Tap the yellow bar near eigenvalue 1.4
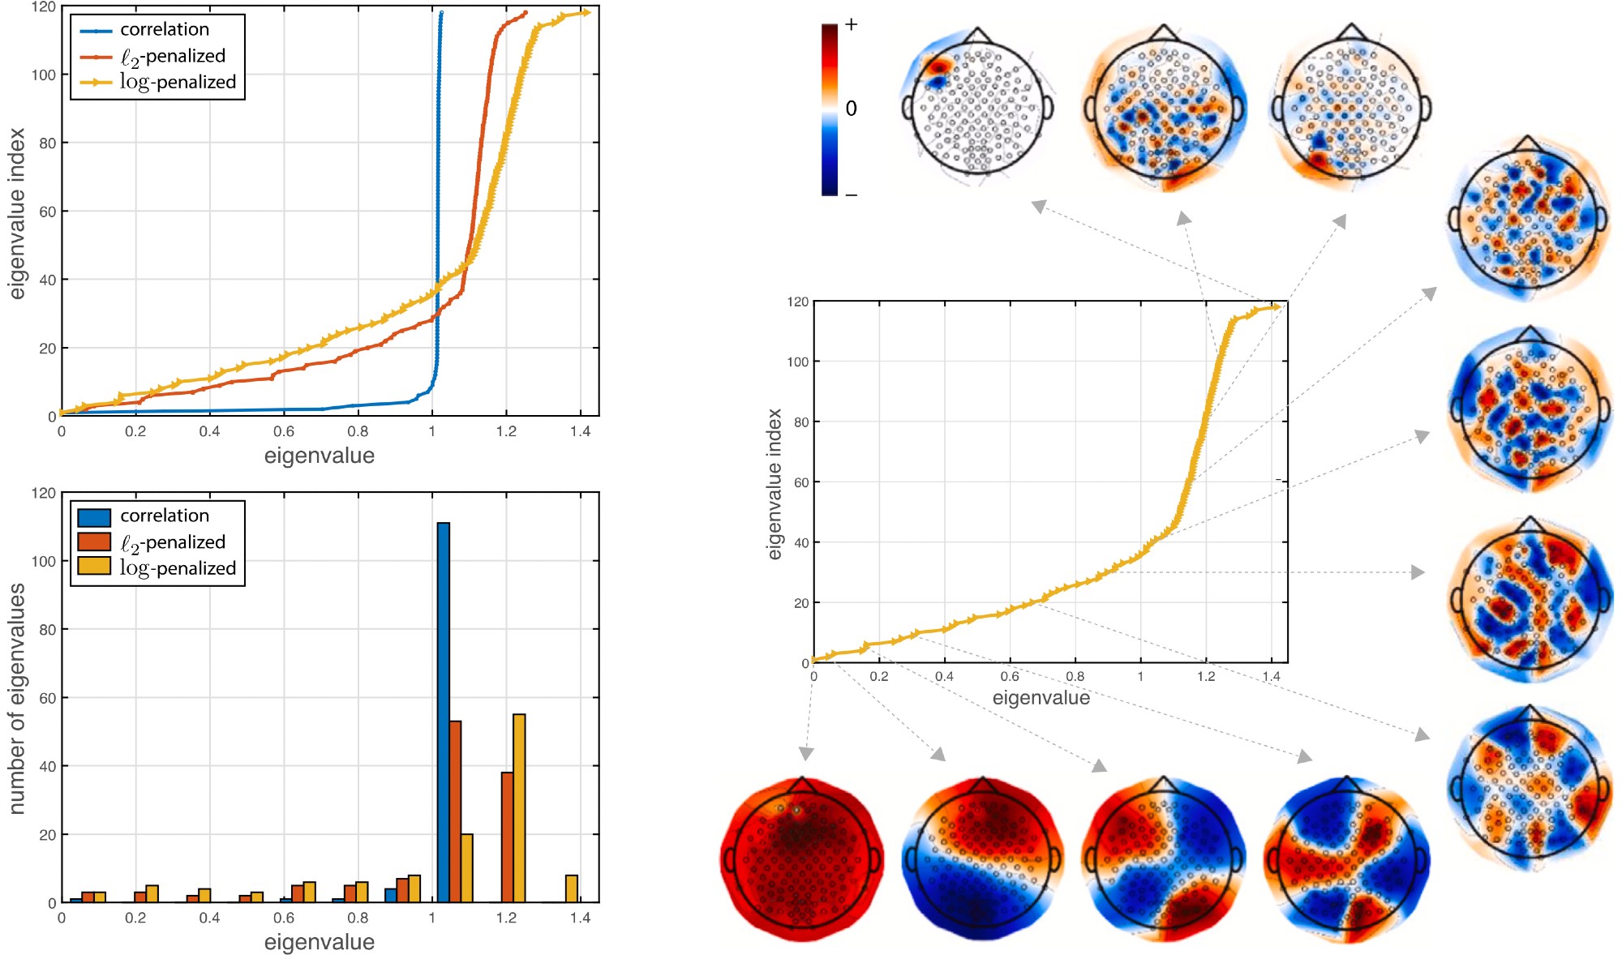pos(572,888)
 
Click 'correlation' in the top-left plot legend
pos(165,29)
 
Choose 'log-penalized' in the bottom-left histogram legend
pos(178,568)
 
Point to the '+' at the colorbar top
pos(851,24)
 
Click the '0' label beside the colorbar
pos(851,108)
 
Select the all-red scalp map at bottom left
pos(801,859)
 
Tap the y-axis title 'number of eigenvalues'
pos(17,698)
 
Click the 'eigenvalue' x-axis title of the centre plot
pos(1041,698)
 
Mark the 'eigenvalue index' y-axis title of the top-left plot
pos(17,213)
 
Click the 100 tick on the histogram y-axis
pos(44,561)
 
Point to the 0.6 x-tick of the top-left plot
pos(284,431)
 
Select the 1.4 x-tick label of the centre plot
pos(1271,676)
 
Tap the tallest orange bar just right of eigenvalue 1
pos(455,811)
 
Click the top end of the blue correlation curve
pos(441,13)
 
